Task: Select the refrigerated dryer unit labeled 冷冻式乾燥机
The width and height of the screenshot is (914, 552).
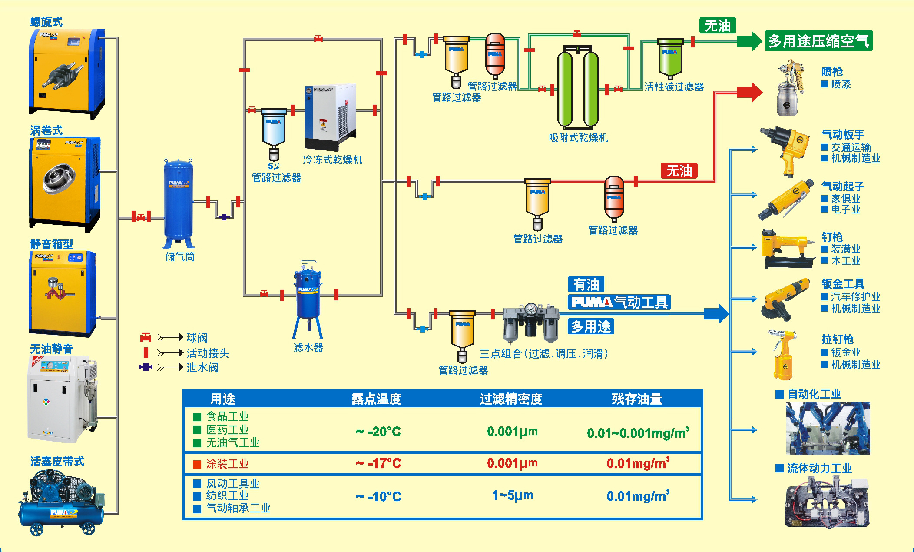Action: (330, 117)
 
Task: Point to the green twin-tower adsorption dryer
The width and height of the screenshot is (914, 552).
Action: (578, 89)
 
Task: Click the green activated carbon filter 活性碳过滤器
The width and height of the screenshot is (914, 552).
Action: (670, 59)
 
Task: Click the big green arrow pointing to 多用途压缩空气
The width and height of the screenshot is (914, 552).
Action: (749, 42)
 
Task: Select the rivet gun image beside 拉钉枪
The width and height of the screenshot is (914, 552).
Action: (782, 354)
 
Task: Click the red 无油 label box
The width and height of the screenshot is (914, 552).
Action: (679, 171)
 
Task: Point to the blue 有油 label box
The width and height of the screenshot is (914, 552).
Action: (586, 285)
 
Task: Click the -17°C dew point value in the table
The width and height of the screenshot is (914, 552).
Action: (378, 463)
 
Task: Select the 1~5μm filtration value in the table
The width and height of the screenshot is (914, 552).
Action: (512, 495)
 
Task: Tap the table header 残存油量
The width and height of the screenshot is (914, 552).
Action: (637, 399)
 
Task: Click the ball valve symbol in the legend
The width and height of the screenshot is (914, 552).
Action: (146, 337)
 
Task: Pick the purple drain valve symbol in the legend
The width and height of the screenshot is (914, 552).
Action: (146, 367)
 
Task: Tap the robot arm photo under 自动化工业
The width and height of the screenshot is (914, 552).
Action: (828, 428)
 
